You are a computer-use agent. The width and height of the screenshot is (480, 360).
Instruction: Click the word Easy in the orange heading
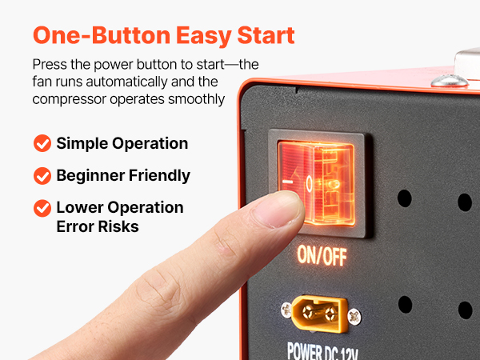click(x=203, y=36)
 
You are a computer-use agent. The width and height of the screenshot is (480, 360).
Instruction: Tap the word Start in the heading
click(x=266, y=35)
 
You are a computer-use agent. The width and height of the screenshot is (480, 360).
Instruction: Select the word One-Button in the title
click(x=102, y=35)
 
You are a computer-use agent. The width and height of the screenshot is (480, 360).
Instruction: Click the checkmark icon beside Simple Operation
click(x=42, y=143)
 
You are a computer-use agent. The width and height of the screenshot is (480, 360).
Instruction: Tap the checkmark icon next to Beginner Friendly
click(x=42, y=176)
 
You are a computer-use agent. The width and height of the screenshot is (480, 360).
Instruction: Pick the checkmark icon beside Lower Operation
click(x=42, y=208)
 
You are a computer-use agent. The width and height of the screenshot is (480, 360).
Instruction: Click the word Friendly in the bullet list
click(x=159, y=176)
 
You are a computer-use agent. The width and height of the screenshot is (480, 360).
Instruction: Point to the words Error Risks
click(x=98, y=226)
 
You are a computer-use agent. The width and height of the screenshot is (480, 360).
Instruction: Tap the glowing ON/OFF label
click(x=322, y=255)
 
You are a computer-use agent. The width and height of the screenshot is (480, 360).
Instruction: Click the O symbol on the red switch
click(x=309, y=183)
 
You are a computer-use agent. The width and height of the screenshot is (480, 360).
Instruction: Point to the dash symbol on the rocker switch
click(x=287, y=182)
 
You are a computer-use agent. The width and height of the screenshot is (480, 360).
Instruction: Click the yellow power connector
click(x=319, y=314)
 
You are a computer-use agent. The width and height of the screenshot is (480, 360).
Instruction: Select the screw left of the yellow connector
click(x=286, y=310)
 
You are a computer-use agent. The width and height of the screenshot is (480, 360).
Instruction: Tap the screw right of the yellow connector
click(x=354, y=317)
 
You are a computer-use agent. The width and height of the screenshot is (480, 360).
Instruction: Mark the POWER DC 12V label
click(x=322, y=351)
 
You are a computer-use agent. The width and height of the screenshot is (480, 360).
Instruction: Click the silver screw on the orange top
click(x=450, y=81)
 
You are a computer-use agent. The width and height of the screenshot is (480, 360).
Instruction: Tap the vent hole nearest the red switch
click(x=404, y=198)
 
